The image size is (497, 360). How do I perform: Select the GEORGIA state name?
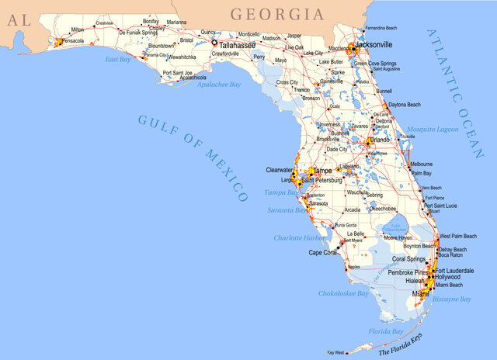(276, 14)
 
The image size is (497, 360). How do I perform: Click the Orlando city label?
(381, 140)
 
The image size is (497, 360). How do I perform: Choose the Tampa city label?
(323, 171)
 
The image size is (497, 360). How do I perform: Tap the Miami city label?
(419, 295)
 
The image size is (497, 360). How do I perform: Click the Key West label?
(335, 353)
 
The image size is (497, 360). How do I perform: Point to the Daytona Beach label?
(404, 104)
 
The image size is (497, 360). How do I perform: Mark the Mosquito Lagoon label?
(433, 129)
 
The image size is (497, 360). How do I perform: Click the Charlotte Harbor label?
(299, 237)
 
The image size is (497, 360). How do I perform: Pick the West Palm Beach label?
(457, 235)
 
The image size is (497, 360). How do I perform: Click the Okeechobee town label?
(384, 209)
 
